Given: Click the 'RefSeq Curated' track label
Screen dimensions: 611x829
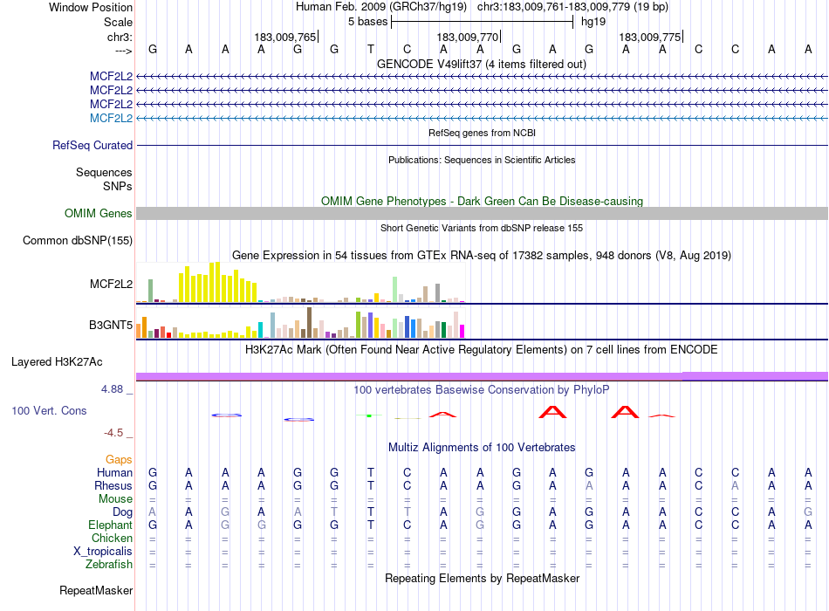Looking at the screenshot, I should pyautogui.click(x=92, y=146).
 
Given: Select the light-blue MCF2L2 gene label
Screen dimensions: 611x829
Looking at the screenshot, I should pyautogui.click(x=111, y=118).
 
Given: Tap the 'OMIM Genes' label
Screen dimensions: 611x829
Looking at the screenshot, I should pyautogui.click(x=99, y=214).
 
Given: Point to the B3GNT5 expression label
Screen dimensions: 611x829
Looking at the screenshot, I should pyautogui.click(x=111, y=326).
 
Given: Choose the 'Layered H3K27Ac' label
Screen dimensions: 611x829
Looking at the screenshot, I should pyautogui.click(x=57, y=361).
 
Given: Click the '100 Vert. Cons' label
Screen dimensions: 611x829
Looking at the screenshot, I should pyautogui.click(x=49, y=410).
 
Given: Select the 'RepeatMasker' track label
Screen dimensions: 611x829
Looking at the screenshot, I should pyautogui.click(x=96, y=591).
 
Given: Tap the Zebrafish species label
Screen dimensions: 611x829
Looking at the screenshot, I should pyautogui.click(x=109, y=565).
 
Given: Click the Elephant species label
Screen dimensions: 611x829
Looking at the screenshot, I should pyautogui.click(x=110, y=525).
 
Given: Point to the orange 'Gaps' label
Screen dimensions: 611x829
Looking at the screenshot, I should pyautogui.click(x=119, y=459).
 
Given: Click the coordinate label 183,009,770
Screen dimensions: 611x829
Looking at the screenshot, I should pyautogui.click(x=467, y=38).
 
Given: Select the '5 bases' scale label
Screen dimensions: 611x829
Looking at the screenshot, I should pyautogui.click(x=367, y=22).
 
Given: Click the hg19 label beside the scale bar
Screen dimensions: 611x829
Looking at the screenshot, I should pyautogui.click(x=593, y=22).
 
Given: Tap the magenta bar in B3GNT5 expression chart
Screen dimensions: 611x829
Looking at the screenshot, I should pyautogui.click(x=462, y=331).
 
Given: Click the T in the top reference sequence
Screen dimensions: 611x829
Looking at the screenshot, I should pyautogui.click(x=371, y=50).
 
